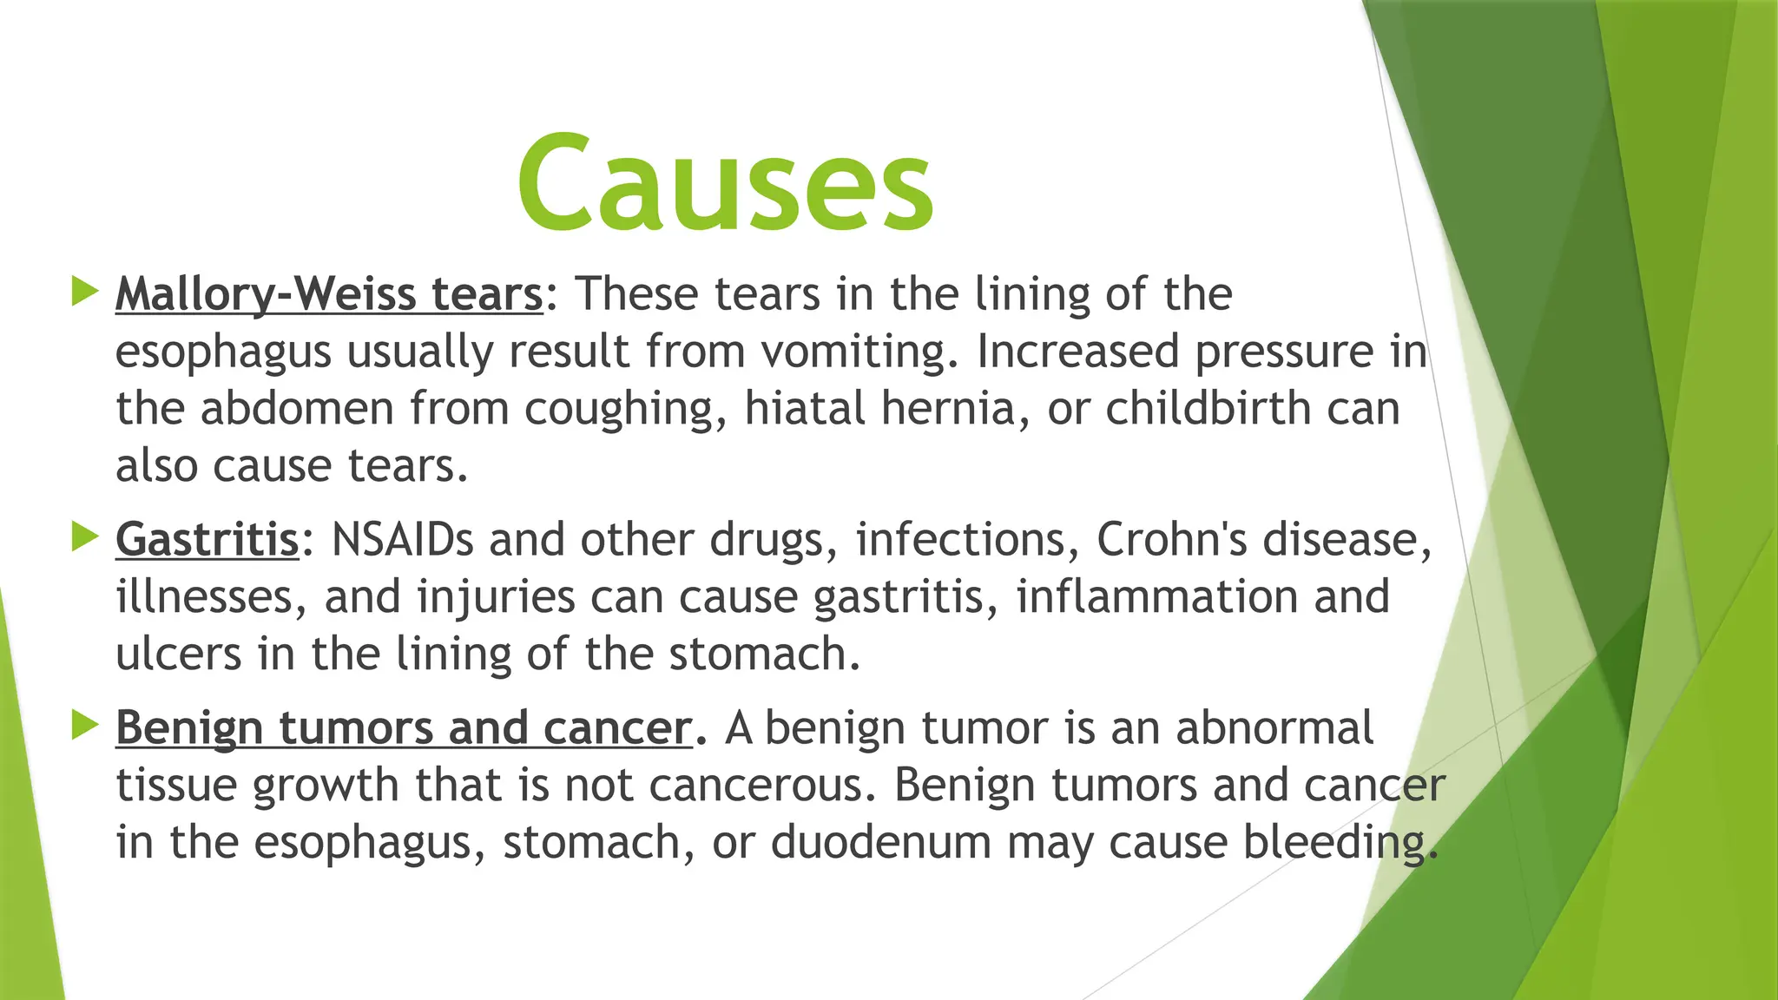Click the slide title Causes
pos(725,184)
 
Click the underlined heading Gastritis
pos(207,539)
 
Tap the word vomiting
pos(860,352)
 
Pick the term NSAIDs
pos(403,539)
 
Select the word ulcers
pos(179,654)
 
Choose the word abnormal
pos(1274,727)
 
